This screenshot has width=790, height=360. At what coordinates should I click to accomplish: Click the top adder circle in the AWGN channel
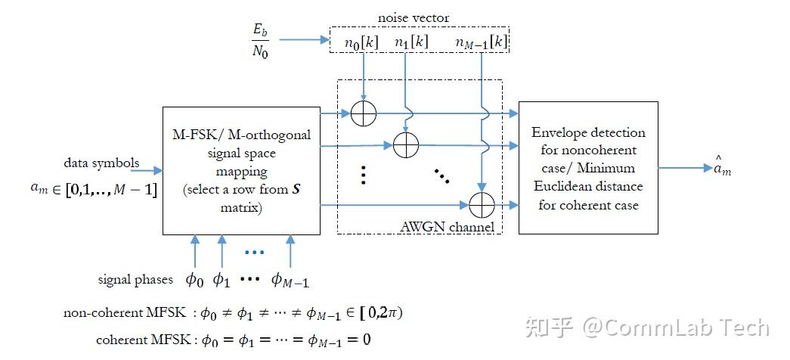364,114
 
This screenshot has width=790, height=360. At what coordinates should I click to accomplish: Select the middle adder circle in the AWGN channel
407,145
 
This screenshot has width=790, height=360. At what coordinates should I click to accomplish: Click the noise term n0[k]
361,43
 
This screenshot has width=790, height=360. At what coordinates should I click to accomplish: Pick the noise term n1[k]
411,43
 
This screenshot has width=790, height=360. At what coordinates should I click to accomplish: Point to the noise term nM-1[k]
481,43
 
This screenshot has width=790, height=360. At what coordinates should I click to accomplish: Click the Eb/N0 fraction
261,41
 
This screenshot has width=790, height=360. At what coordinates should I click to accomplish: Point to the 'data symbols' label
102,163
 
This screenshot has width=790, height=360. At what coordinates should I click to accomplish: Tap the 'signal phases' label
136,279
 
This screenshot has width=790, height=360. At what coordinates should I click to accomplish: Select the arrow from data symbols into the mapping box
147,172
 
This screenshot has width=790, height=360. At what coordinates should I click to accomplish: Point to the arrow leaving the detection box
680,169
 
